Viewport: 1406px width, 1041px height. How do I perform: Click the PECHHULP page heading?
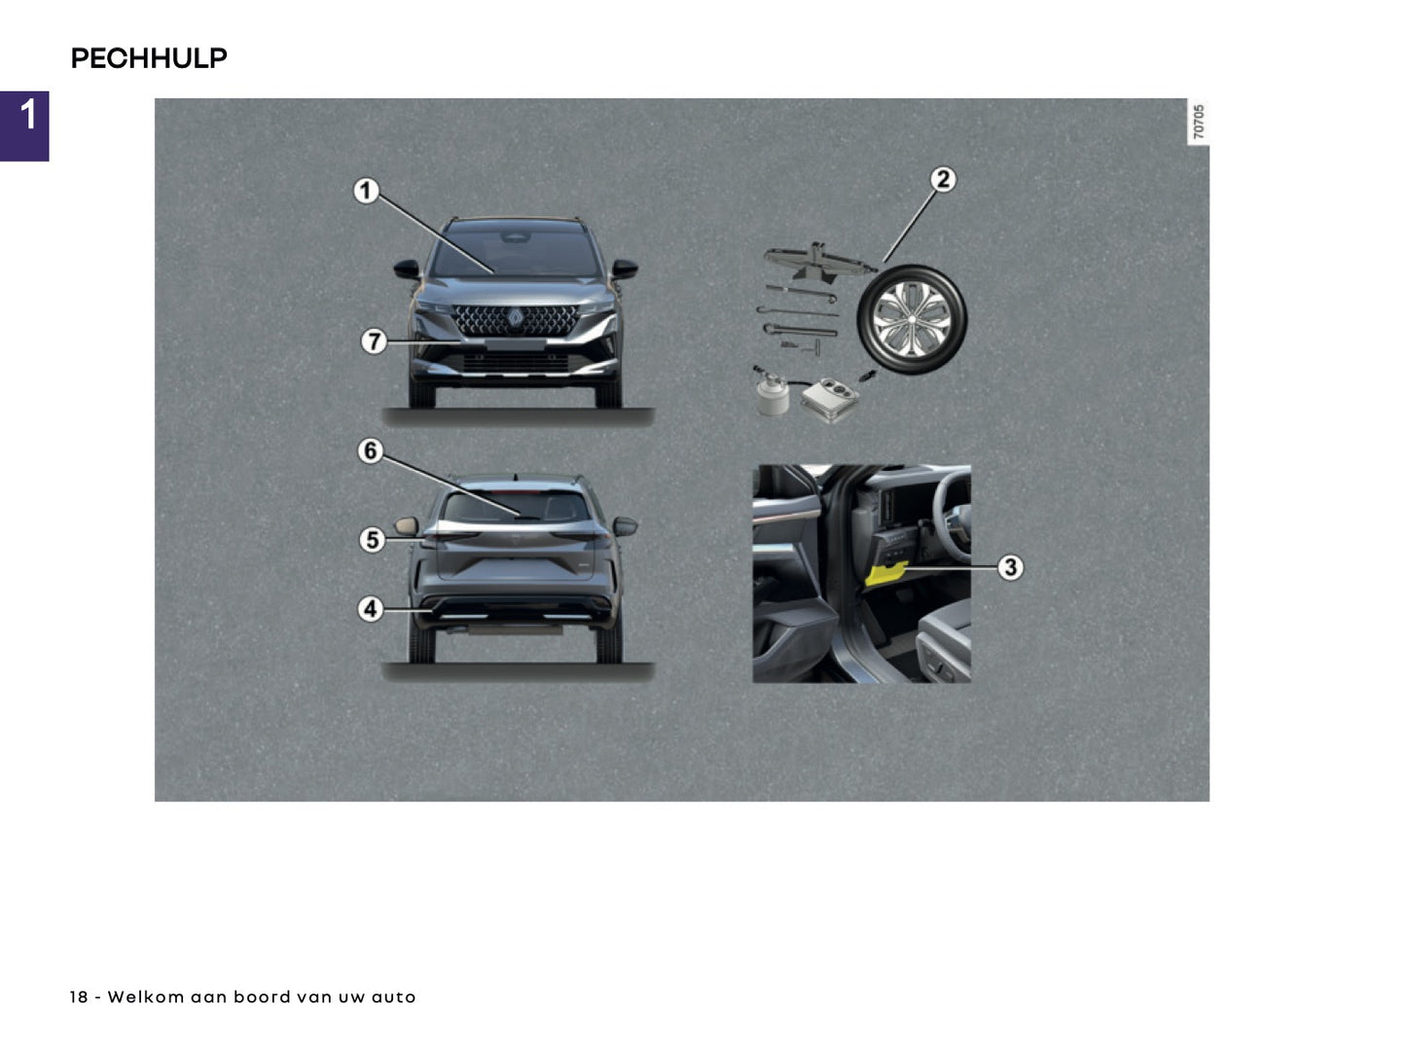149,58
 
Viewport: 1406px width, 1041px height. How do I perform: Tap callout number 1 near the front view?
366,191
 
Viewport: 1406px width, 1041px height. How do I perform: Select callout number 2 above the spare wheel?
942,180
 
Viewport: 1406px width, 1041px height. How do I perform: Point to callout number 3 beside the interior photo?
1010,567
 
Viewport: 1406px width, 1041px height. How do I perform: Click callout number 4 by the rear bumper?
370,609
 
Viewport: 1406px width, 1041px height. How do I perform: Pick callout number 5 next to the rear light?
372,539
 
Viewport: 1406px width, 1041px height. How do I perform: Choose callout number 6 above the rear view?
370,451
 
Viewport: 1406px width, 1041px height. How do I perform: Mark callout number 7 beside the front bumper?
374,341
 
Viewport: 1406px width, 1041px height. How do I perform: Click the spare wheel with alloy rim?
911,319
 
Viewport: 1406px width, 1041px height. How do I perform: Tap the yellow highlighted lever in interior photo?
885,573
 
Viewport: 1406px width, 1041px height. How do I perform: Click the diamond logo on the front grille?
515,318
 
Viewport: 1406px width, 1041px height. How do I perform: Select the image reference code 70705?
1199,122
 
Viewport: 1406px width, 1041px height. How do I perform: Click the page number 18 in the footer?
78,997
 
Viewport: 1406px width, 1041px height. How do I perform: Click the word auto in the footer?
393,997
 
